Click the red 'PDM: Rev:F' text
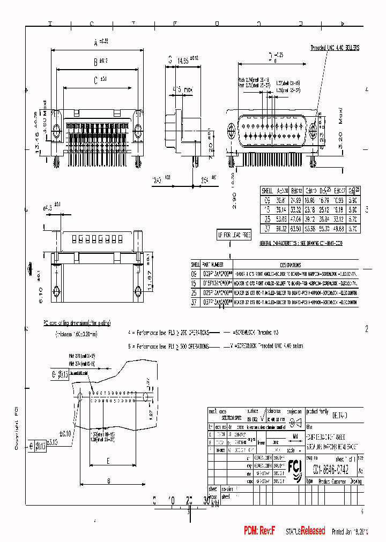pyautogui.click(x=259, y=530)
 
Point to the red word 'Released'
pyautogui.click(x=312, y=531)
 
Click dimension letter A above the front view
pyautogui.click(x=96, y=42)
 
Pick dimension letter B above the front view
pyautogui.click(x=95, y=62)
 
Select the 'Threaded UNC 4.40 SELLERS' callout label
pyautogui.click(x=335, y=48)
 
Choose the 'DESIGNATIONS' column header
pyautogui.click(x=290, y=265)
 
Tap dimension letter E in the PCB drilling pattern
pyautogui.click(x=108, y=460)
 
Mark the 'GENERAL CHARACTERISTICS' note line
pyautogui.click(x=301, y=243)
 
